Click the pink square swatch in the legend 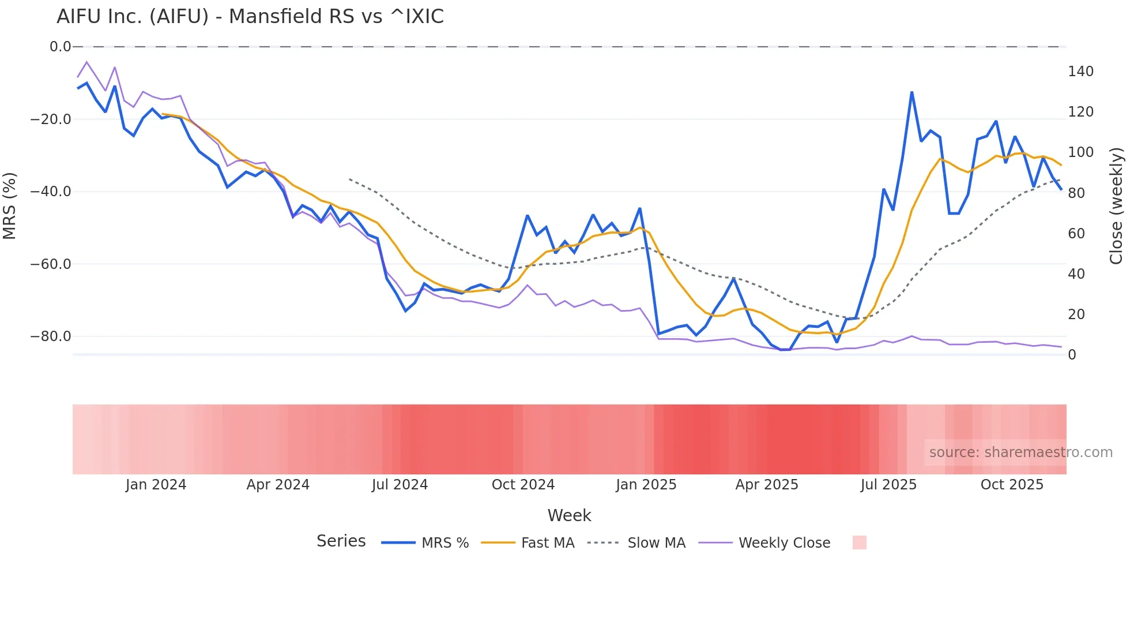(x=859, y=543)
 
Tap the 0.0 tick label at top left (x=60, y=47)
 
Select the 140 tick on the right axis (x=1080, y=72)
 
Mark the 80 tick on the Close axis (x=1076, y=193)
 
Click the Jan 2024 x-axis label (x=156, y=485)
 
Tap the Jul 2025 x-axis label (x=888, y=485)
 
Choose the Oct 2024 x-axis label (x=523, y=485)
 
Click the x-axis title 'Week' (x=569, y=515)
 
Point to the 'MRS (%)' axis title (x=9, y=206)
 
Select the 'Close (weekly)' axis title (x=1116, y=206)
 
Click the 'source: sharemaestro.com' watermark (x=1020, y=452)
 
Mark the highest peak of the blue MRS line (x=911, y=92)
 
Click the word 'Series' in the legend (x=341, y=541)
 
